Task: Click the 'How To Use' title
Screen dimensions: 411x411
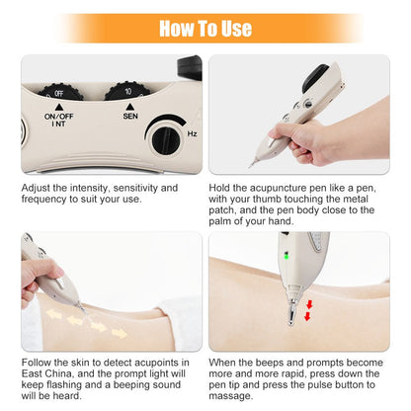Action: [x=205, y=28]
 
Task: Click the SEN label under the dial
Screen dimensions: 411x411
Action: [x=129, y=117]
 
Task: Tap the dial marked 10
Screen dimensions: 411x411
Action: [x=129, y=92]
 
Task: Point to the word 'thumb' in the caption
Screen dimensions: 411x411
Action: [x=270, y=198]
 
